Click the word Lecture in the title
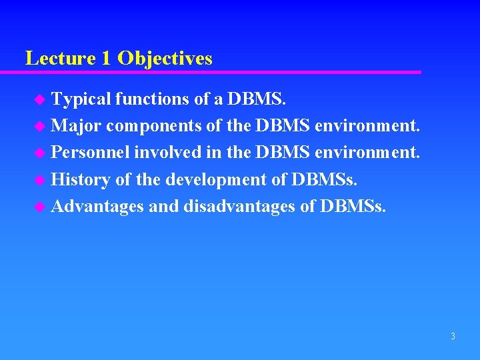pyautogui.click(x=61, y=59)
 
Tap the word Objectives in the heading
pyautogui.click(x=165, y=59)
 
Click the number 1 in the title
pyautogui.click(x=107, y=59)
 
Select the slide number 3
pyautogui.click(x=453, y=337)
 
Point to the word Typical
pyautogui.click(x=81, y=99)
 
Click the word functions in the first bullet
pyautogui.click(x=152, y=99)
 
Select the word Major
pyautogui.click(x=76, y=126)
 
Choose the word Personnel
pyautogui.click(x=91, y=153)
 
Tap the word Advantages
pyautogui.click(x=97, y=207)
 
